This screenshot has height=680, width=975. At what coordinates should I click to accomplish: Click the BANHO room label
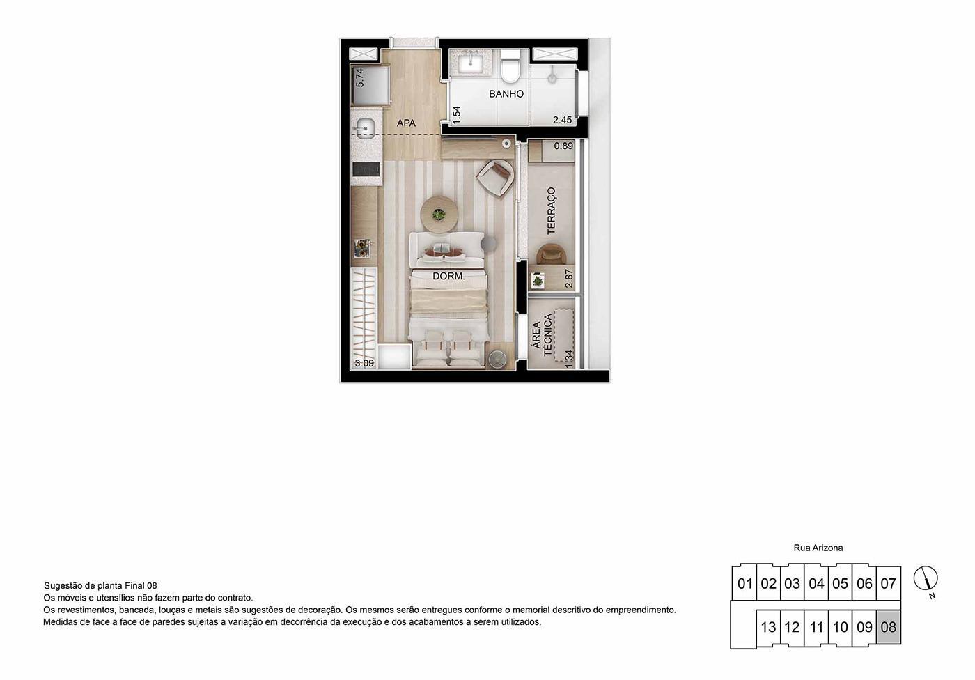(x=506, y=93)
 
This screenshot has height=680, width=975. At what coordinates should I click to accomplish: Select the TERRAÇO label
(x=552, y=210)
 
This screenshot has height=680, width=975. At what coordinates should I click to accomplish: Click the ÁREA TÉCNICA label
(x=542, y=335)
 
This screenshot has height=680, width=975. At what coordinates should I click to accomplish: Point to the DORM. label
(x=448, y=276)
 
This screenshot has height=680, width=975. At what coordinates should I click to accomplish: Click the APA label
(x=406, y=123)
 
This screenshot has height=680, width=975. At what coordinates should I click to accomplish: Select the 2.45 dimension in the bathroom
(x=563, y=120)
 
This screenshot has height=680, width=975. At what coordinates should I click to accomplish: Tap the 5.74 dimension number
(x=360, y=78)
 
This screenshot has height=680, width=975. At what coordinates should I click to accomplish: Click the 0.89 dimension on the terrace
(x=563, y=146)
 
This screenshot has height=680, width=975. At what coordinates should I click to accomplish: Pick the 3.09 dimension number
(x=364, y=363)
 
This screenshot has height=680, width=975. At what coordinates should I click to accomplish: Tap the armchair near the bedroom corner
(x=495, y=178)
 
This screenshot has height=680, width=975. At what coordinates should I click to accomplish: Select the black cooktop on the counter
(x=366, y=169)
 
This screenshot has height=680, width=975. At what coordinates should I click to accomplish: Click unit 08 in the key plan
(x=889, y=627)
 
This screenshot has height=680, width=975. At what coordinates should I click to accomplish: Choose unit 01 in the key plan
(x=744, y=583)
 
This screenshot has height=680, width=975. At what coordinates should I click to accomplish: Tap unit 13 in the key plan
(x=768, y=627)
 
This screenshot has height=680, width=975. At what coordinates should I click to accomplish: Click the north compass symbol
(x=926, y=579)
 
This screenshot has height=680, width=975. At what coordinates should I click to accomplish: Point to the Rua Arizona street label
(x=818, y=548)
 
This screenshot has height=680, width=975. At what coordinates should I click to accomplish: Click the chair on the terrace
(x=550, y=254)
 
